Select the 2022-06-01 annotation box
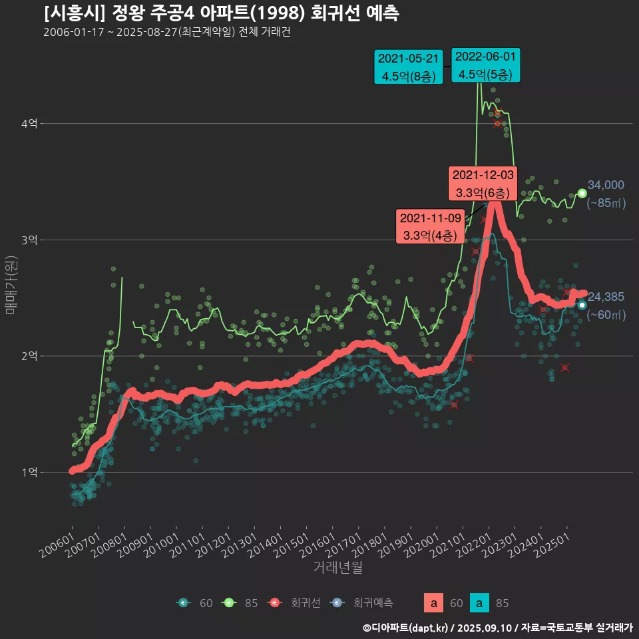(485, 65)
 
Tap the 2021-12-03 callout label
(483, 184)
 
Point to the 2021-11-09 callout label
(430, 226)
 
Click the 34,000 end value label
(605, 186)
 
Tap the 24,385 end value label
(605, 297)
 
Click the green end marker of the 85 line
(582, 193)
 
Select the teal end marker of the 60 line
(582, 305)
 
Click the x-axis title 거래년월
(337, 568)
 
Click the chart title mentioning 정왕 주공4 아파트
(221, 13)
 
